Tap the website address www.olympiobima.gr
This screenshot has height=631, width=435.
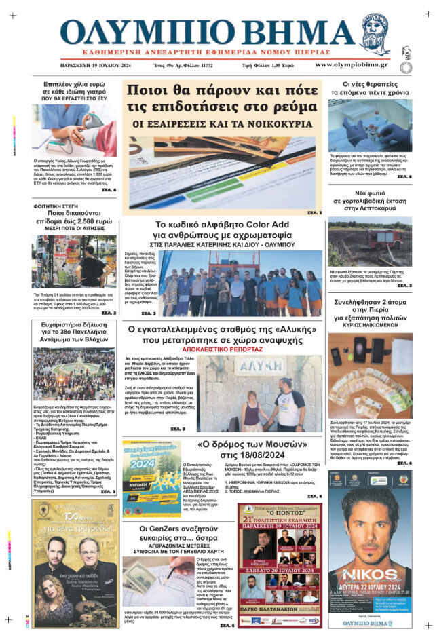coord(351,65)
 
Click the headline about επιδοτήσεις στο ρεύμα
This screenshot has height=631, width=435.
coord(222,99)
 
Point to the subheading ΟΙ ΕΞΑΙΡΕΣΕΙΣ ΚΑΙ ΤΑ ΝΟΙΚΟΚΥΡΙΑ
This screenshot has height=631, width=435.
coord(222,124)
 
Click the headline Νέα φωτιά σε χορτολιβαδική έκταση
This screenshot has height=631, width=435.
coord(369,202)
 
